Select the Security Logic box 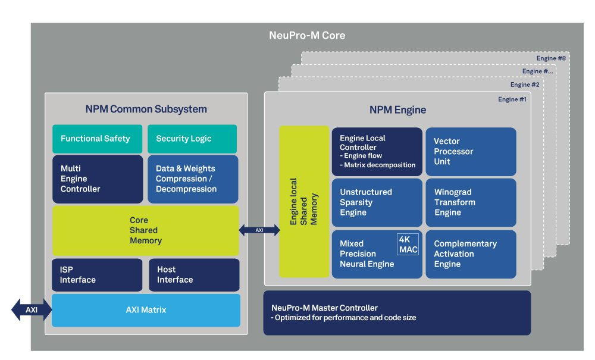[192, 139]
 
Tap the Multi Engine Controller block [98, 179]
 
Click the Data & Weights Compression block [192, 179]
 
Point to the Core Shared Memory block [145, 231]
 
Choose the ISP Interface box [98, 275]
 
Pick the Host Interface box [193, 275]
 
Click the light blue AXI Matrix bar [146, 310]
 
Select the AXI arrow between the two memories [259, 230]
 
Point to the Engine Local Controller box [377, 151]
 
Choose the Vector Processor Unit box [471, 151]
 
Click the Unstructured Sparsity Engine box [377, 202]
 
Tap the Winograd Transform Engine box [471, 202]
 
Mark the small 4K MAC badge [408, 244]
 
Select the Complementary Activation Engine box [471, 254]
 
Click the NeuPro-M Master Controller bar [397, 312]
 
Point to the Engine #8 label [551, 58]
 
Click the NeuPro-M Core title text [307, 36]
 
